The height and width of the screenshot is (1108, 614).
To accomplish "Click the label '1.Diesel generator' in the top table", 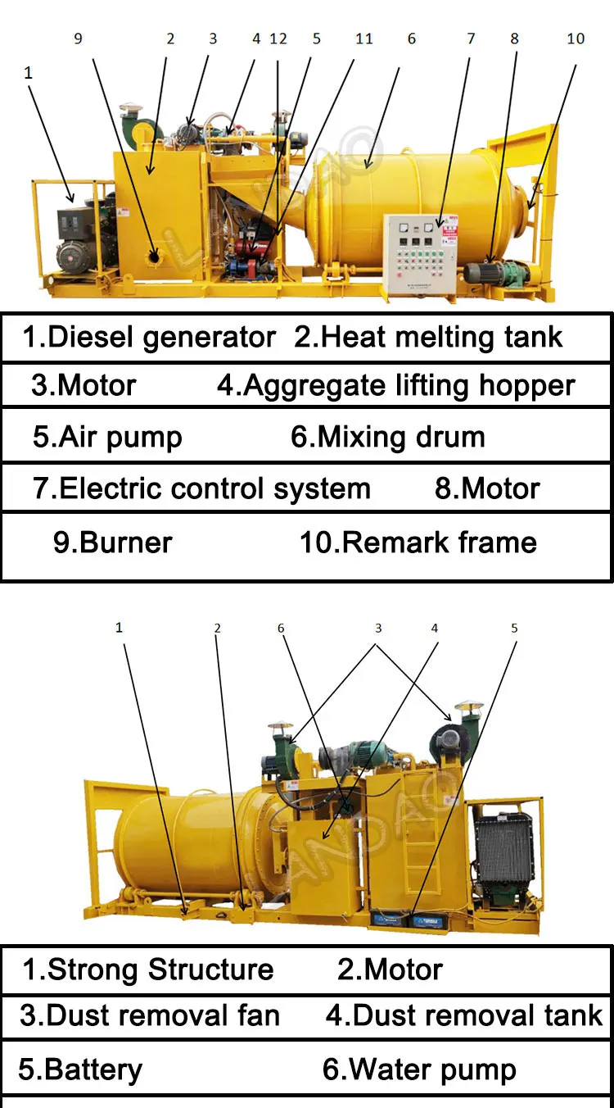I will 149,337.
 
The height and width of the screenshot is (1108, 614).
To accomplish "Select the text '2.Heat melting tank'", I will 428,337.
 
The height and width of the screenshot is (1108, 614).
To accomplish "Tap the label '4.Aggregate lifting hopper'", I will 396,385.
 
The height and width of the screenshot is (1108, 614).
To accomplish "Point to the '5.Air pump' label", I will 107,437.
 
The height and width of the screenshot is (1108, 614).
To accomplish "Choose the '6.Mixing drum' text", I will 388,437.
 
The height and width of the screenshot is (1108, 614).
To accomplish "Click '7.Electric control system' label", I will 201,488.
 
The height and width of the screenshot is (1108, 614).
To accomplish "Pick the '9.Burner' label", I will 112,543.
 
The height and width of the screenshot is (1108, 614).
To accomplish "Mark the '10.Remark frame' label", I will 418,543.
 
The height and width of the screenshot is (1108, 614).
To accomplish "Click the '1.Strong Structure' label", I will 147,969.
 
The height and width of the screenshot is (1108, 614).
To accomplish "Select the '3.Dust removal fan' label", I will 150,1015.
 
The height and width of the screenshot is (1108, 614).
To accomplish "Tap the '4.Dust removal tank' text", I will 464,1015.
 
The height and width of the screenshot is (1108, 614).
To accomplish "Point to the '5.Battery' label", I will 80,1069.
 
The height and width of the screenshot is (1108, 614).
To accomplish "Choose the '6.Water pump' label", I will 419,1069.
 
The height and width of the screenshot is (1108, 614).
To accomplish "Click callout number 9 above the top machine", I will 79,39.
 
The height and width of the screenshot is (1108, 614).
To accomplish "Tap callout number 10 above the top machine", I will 576,39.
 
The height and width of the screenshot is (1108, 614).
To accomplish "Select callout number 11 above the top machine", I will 363,39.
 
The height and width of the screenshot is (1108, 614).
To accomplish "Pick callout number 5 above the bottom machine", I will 514,629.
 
